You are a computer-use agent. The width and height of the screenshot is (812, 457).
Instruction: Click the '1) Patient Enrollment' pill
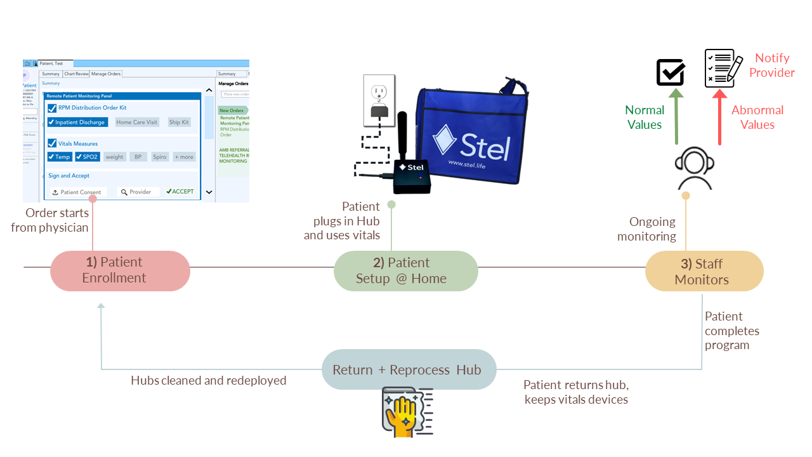click(x=120, y=270)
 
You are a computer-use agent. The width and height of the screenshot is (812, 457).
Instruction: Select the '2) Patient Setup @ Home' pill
click(x=405, y=270)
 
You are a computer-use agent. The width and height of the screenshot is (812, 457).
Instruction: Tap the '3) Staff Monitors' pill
click(x=704, y=272)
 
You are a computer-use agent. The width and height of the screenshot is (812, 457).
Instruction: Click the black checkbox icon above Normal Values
click(x=670, y=72)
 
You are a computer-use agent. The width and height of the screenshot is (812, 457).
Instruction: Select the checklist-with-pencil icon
click(x=723, y=69)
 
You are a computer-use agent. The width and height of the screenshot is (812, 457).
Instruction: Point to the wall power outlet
click(x=379, y=98)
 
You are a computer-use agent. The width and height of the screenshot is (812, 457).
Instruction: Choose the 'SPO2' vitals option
click(x=87, y=157)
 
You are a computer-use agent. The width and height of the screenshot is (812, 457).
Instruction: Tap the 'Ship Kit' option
click(x=179, y=123)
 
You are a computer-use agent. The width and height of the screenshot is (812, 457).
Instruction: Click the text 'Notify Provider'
click(x=771, y=65)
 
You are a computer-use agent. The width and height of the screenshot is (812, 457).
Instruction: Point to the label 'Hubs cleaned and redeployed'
click(x=209, y=381)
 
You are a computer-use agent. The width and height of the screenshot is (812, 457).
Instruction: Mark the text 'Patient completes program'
click(x=732, y=331)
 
